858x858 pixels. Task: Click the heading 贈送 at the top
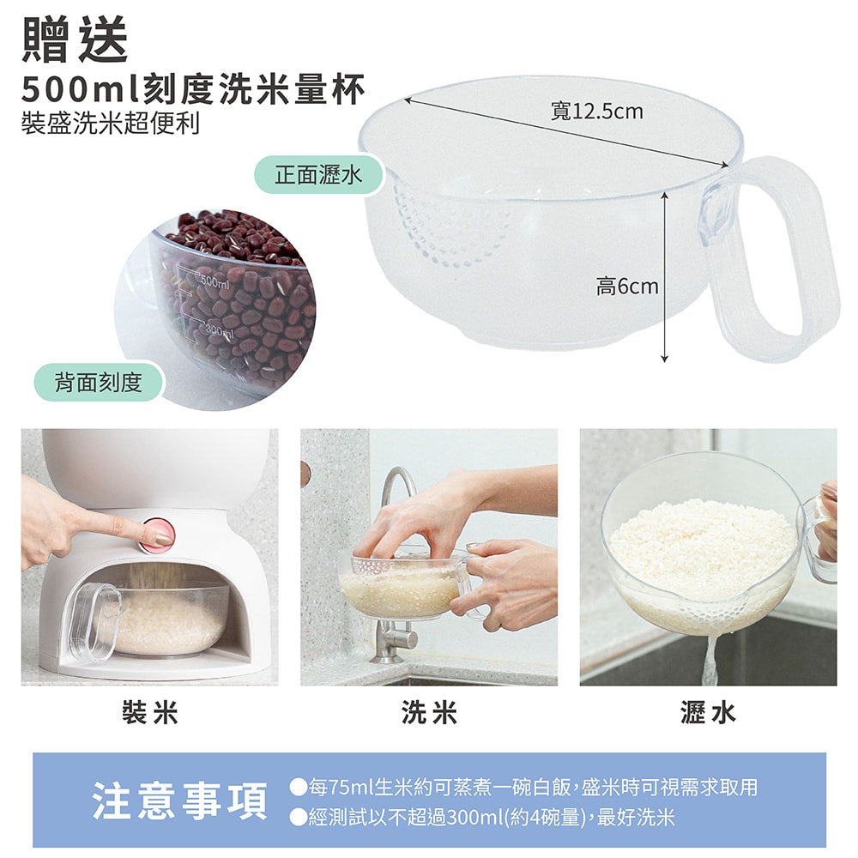pyautogui.click(x=76, y=39)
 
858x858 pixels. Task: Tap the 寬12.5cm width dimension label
pyautogui.click(x=597, y=112)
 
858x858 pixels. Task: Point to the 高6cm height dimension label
pyautogui.click(x=627, y=287)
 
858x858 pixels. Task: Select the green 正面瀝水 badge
pyautogui.click(x=318, y=175)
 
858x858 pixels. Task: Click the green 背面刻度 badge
pyautogui.click(x=99, y=382)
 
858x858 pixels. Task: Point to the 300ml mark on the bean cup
pyautogui.click(x=220, y=331)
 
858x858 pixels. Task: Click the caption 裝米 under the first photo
pyautogui.click(x=150, y=713)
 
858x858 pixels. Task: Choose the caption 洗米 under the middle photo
pyautogui.click(x=429, y=713)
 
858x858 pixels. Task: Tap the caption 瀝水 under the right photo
pyautogui.click(x=708, y=713)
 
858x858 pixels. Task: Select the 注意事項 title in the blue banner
pyautogui.click(x=180, y=801)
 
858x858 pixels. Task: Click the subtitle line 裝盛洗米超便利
pyautogui.click(x=110, y=123)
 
